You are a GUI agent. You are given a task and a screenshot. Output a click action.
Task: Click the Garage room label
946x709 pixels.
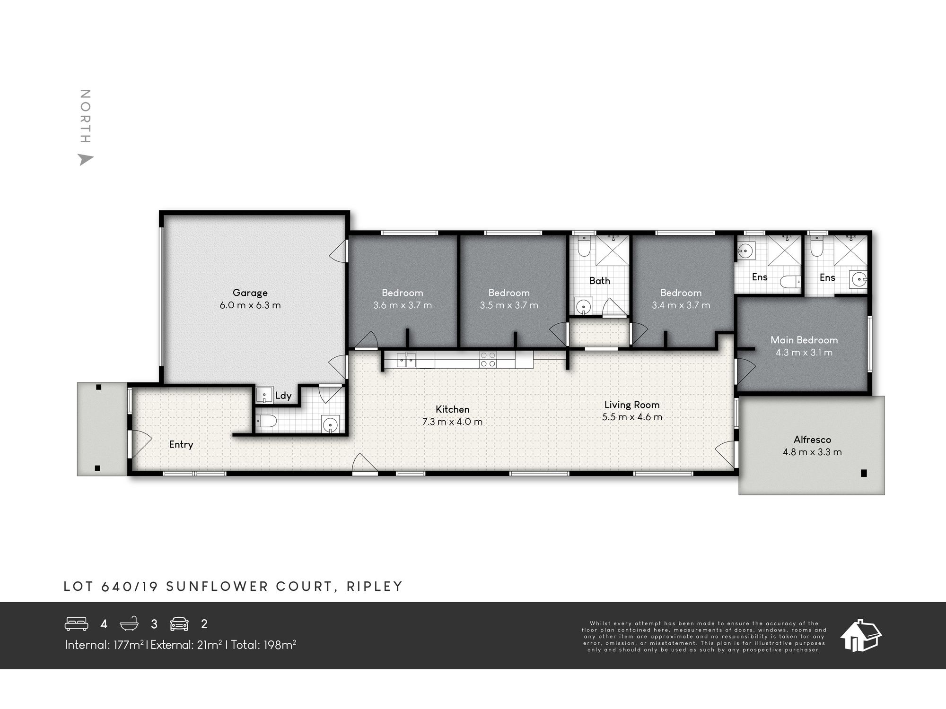(x=250, y=293)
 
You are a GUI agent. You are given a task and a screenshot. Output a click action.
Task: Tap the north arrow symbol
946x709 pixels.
(x=85, y=160)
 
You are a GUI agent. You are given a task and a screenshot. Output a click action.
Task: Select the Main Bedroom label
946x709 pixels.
(x=804, y=340)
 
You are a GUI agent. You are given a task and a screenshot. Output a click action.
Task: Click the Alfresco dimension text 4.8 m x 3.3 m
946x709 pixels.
(x=812, y=452)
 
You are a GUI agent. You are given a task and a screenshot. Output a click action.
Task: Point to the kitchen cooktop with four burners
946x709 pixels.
(x=488, y=360)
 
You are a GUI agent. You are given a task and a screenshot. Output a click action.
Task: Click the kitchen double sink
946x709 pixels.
(x=406, y=360)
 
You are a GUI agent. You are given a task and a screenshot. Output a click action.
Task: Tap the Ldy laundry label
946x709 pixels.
(x=283, y=396)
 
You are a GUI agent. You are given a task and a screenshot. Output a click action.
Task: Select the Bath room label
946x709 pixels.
(x=599, y=281)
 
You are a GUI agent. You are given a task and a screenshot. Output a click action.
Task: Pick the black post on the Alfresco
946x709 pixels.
(x=864, y=473)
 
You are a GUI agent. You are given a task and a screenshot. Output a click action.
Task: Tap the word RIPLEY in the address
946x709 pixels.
(x=374, y=587)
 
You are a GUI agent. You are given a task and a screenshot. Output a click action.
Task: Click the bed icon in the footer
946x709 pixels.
(x=76, y=624)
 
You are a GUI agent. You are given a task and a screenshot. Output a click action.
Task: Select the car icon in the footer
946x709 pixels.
(x=179, y=624)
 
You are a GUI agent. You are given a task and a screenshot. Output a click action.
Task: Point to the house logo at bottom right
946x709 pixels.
(x=860, y=636)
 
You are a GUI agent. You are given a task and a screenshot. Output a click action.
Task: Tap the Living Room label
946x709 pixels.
(x=631, y=405)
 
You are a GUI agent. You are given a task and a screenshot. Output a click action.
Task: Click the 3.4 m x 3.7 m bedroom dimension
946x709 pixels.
(x=681, y=305)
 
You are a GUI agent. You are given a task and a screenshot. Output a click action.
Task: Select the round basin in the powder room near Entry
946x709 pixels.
(x=330, y=424)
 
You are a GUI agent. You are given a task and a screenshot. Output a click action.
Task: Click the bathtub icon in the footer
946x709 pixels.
(x=129, y=624)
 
